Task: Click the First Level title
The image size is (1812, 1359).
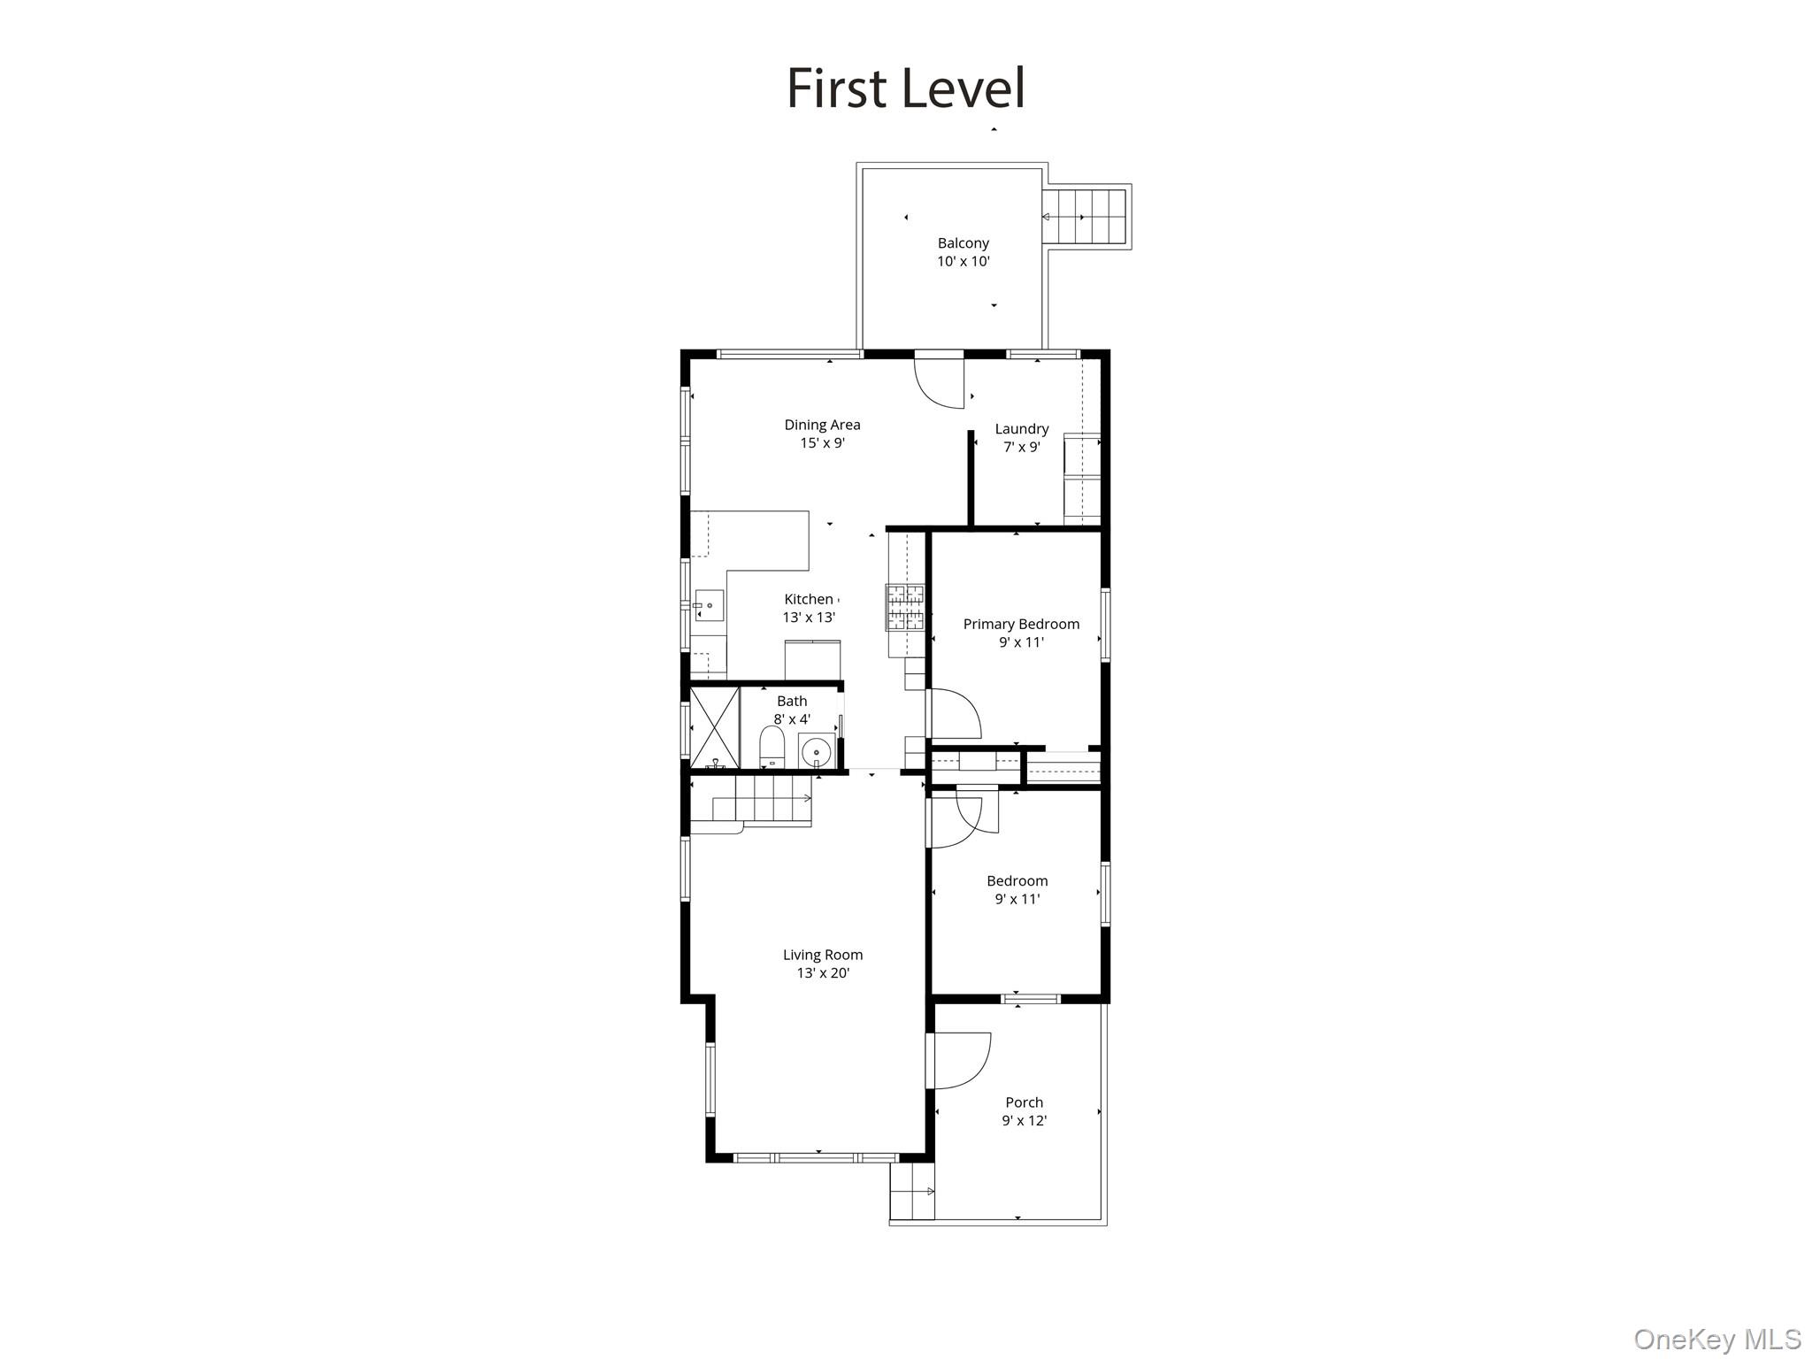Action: (906, 88)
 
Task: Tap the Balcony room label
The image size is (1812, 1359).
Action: (964, 242)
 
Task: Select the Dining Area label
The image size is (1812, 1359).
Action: (822, 425)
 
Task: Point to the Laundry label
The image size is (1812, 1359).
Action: (1022, 429)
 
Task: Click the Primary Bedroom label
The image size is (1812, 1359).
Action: (1021, 625)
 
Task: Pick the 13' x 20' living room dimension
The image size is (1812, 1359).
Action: (823, 973)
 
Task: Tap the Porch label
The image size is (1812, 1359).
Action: (1025, 1102)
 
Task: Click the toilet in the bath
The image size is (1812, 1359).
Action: (772, 748)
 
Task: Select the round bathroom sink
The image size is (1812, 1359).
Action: (816, 752)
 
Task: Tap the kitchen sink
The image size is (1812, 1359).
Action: (709, 606)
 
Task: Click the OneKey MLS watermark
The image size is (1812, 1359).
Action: (1717, 1339)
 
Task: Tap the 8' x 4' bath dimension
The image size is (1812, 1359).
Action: (792, 719)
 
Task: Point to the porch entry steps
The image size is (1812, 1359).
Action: (912, 1191)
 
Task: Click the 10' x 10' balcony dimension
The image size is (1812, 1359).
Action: (964, 261)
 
